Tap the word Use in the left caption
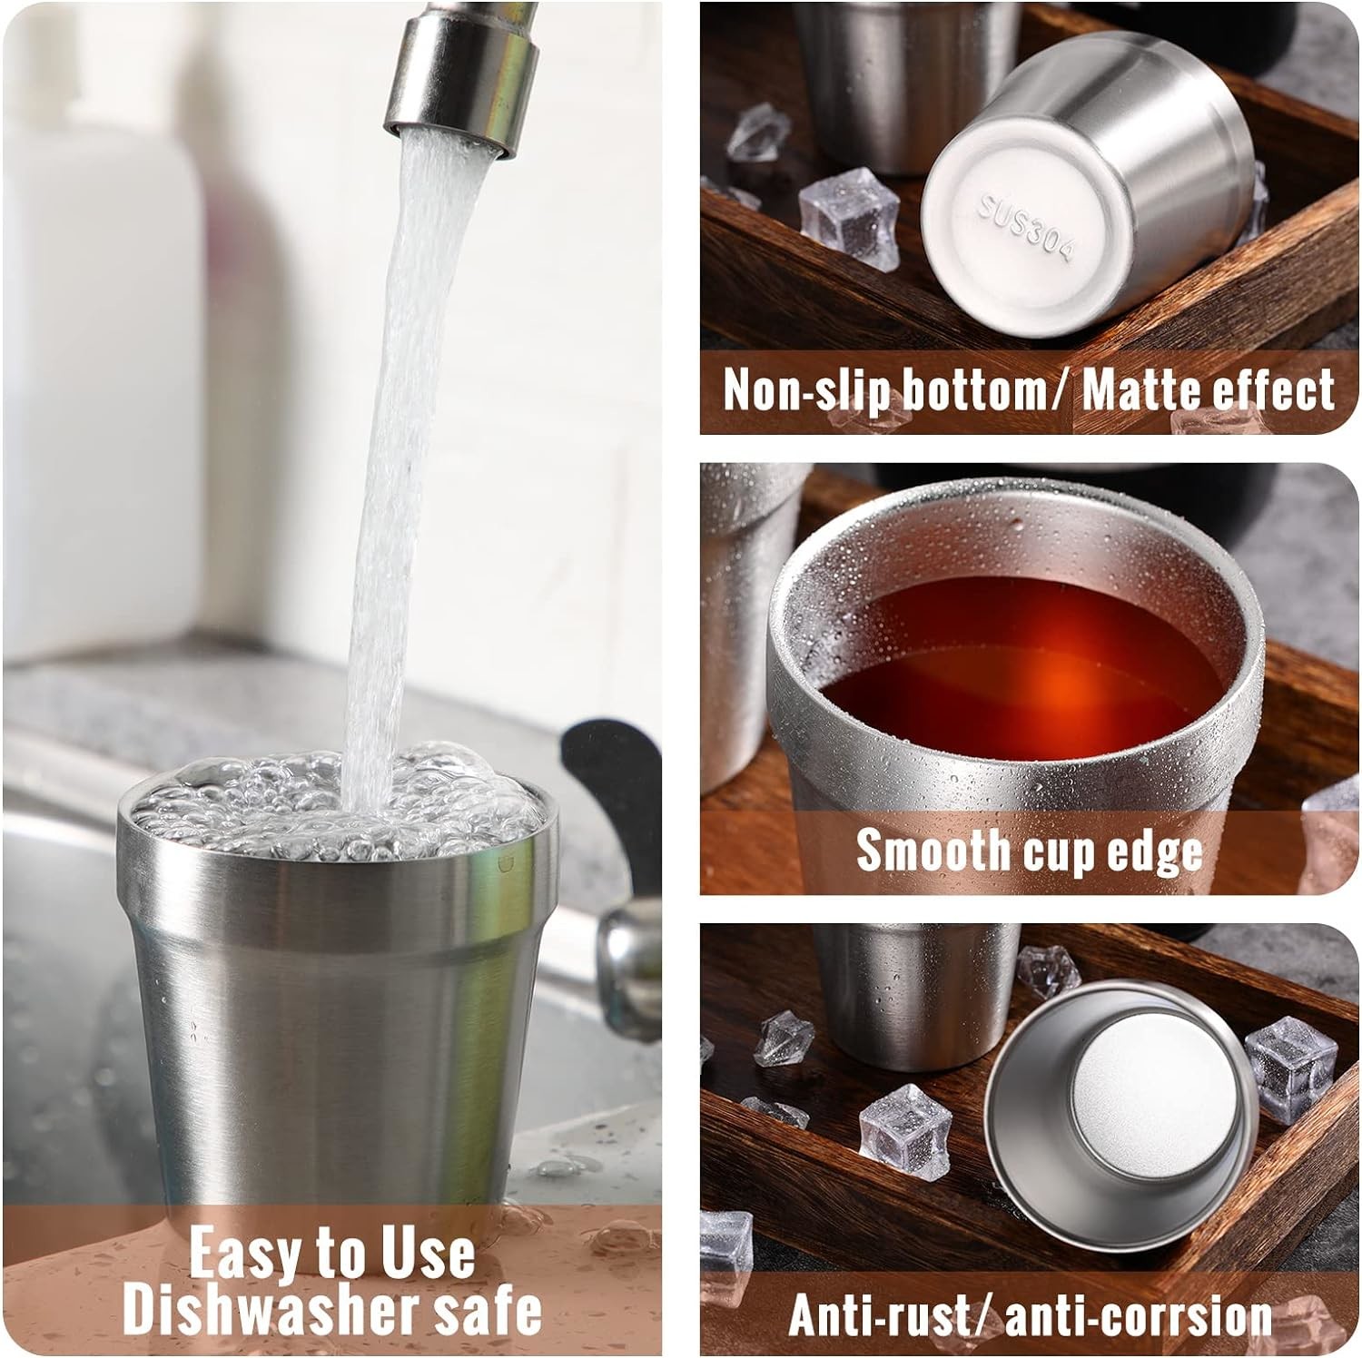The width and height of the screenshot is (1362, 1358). click(426, 1253)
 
